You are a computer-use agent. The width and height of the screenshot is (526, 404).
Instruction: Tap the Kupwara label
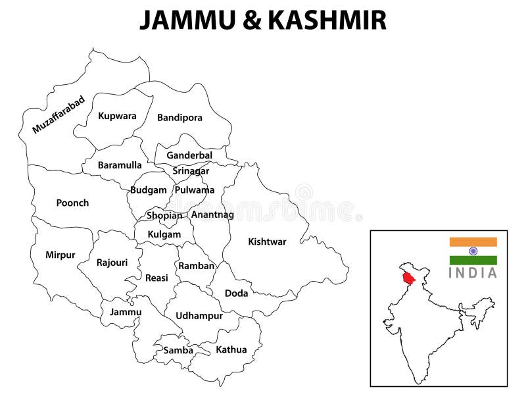pyautogui.click(x=118, y=116)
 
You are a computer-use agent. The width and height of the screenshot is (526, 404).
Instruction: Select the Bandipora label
pyautogui.click(x=179, y=118)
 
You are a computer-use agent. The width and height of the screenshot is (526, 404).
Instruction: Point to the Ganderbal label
pyautogui.click(x=189, y=155)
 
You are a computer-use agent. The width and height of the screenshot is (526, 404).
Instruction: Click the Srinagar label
pyautogui.click(x=191, y=171)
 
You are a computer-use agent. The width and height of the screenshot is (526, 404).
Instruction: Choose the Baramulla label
pyautogui.click(x=120, y=165)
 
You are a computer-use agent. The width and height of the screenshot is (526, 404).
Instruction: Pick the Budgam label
pyautogui.click(x=148, y=190)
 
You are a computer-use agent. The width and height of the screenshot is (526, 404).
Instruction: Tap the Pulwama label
pyautogui.click(x=194, y=190)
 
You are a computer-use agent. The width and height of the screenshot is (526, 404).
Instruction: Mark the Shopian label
pyautogui.click(x=164, y=215)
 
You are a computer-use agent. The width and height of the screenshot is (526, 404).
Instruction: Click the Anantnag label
pyautogui.click(x=212, y=215)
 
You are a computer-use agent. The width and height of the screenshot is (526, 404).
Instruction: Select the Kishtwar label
pyautogui.click(x=267, y=241)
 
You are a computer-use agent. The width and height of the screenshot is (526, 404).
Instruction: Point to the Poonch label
pyautogui.click(x=72, y=203)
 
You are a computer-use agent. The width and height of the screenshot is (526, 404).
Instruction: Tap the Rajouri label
pyautogui.click(x=112, y=263)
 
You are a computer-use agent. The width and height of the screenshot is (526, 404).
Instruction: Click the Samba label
pyautogui.click(x=178, y=350)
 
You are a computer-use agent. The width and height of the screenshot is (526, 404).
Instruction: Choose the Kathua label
pyautogui.click(x=231, y=349)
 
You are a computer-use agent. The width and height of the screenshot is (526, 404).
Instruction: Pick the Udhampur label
pyautogui.click(x=199, y=316)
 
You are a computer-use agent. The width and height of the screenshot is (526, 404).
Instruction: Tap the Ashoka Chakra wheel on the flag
pyautogui.click(x=473, y=251)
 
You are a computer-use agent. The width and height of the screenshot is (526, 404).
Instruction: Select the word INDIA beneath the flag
pyautogui.click(x=473, y=273)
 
